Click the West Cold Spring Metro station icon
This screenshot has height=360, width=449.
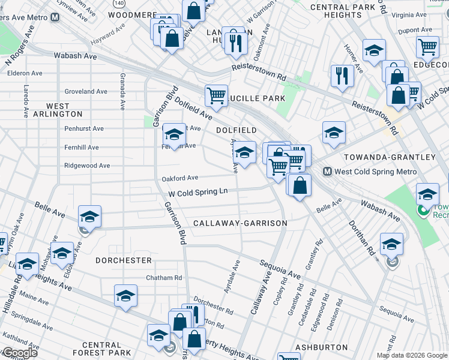pyautogui.click(x=328, y=172)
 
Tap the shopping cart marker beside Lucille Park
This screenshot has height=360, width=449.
pyautogui.click(x=216, y=95)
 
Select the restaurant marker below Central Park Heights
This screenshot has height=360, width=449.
pyautogui.click(x=342, y=76)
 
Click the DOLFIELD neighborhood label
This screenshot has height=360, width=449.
pyautogui.click(x=237, y=130)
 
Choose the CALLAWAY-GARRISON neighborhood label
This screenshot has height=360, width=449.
pyautogui.click(x=240, y=223)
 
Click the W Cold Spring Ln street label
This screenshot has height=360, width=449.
pyautogui.click(x=198, y=193)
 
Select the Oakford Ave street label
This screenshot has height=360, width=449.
pyautogui.click(x=180, y=178)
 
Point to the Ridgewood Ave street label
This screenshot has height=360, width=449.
pyautogui.click(x=88, y=166)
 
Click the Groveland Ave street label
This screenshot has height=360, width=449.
pyautogui.click(x=86, y=92)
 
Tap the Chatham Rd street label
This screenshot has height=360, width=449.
pyautogui.click(x=164, y=278)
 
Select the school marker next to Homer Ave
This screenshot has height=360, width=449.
pyautogui.click(x=374, y=51)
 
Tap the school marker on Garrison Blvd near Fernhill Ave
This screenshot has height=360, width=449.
pyautogui.click(x=175, y=136)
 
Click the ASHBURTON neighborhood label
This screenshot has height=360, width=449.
pyautogui.click(x=322, y=347)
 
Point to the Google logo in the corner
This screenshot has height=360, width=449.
pyautogui.click(x=19, y=353)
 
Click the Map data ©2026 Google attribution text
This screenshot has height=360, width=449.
pyautogui.click(x=411, y=355)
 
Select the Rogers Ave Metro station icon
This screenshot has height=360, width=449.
pyautogui.click(x=55, y=17)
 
